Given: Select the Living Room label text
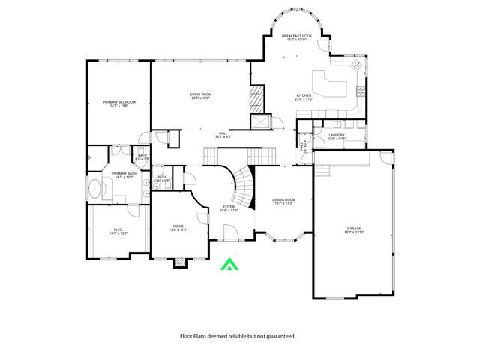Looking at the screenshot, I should [200, 96].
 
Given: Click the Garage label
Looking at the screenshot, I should [354, 230].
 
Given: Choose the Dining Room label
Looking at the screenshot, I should [283, 202].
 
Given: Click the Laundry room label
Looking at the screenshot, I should [337, 137].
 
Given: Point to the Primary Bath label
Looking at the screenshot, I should [124, 175].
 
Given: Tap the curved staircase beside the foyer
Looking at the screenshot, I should [244, 180].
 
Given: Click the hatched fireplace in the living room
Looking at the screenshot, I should [257, 97].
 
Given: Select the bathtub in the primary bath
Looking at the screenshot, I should [97, 189].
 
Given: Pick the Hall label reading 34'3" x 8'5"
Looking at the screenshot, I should [223, 136].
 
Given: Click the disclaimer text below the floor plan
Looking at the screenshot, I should [237, 336].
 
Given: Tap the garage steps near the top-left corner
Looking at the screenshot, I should [322, 170].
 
